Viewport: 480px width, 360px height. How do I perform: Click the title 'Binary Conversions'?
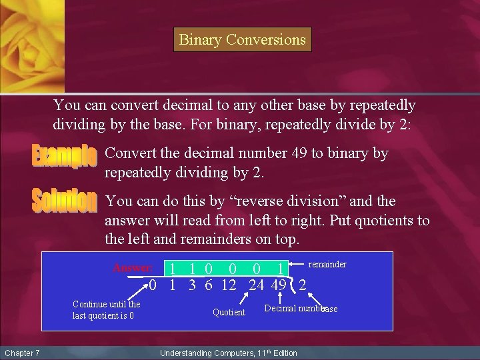click(242, 40)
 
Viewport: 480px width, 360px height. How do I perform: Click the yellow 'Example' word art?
click(65, 156)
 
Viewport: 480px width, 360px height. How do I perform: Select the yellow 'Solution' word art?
click(65, 201)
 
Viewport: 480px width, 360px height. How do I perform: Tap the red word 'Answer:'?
click(133, 268)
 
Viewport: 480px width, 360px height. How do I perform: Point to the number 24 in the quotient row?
click(256, 285)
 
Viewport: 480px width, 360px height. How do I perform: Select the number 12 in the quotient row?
click(229, 285)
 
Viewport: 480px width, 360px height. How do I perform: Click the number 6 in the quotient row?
click(208, 285)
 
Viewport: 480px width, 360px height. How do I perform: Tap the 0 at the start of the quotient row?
click(153, 285)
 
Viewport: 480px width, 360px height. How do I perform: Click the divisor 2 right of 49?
click(303, 285)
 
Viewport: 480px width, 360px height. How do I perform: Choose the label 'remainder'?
click(327, 265)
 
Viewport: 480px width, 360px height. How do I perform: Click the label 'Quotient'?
click(229, 312)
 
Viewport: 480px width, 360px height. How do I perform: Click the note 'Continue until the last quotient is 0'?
click(106, 310)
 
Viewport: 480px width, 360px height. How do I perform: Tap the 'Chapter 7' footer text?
click(22, 353)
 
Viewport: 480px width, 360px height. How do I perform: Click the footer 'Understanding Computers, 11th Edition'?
click(229, 353)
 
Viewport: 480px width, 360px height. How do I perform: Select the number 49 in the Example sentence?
click(299, 153)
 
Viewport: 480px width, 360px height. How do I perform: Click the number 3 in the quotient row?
click(192, 285)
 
